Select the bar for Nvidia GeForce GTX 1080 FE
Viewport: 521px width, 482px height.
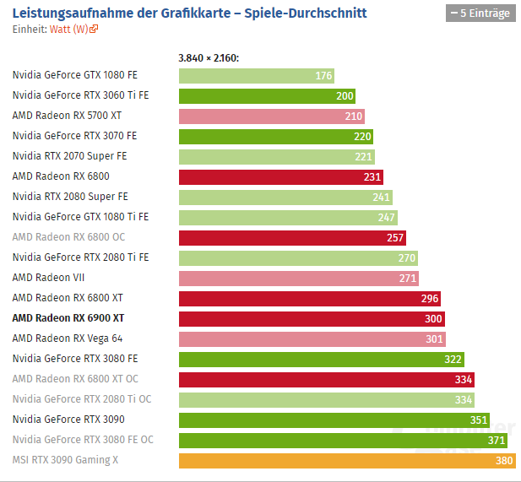click(256, 75)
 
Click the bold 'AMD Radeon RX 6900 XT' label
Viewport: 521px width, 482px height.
click(68, 317)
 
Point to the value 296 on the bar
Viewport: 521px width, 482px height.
click(429, 298)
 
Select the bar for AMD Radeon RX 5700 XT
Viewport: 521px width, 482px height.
click(271, 116)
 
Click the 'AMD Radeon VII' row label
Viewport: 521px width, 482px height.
click(48, 277)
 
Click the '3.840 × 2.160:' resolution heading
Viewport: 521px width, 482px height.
click(209, 58)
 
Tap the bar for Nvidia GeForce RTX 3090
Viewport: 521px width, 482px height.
click(334, 420)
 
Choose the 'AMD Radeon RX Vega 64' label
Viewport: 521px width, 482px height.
click(68, 338)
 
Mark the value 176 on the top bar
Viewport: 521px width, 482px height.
click(323, 76)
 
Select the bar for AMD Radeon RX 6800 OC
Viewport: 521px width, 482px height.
click(292, 237)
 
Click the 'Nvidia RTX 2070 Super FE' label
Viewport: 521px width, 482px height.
click(70, 155)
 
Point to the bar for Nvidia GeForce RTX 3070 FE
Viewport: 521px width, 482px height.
click(275, 136)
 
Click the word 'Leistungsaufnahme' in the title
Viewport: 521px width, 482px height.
click(60, 13)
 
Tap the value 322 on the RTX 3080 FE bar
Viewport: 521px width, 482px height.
click(453, 359)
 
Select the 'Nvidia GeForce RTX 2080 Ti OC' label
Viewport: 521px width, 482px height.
click(82, 398)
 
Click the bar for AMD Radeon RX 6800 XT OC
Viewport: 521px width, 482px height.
click(326, 379)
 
